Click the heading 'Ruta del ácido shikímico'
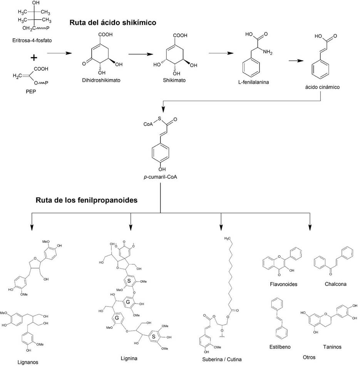tap(113, 23)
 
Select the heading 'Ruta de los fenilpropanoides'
tap(87, 200)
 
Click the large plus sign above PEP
tap(34, 57)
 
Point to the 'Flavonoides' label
tap(284, 285)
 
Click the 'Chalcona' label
tap(335, 284)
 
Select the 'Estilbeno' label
tap(280, 347)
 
